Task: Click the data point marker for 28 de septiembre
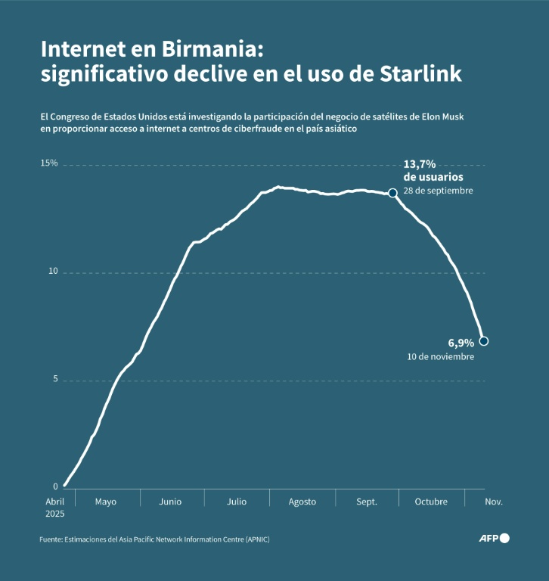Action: pyautogui.click(x=392, y=193)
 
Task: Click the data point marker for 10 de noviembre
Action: pyautogui.click(x=484, y=341)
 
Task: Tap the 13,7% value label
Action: pyautogui.click(x=418, y=164)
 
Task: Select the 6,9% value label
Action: pyautogui.click(x=461, y=342)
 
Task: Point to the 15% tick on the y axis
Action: pyautogui.click(x=49, y=163)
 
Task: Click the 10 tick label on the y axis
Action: pyautogui.click(x=53, y=272)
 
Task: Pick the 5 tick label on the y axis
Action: pyautogui.click(x=55, y=380)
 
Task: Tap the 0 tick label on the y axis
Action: pyautogui.click(x=55, y=487)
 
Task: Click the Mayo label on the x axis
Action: pyautogui.click(x=106, y=502)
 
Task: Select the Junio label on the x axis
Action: pyautogui.click(x=171, y=502)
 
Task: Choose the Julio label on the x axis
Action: pyautogui.click(x=236, y=502)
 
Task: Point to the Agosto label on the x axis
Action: pyautogui.click(x=302, y=502)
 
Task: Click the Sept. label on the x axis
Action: pyautogui.click(x=366, y=502)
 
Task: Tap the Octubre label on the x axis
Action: pyautogui.click(x=431, y=502)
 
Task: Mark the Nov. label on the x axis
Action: pyautogui.click(x=493, y=502)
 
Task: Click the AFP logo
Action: pyautogui.click(x=494, y=539)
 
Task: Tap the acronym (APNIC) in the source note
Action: pyautogui.click(x=254, y=539)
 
